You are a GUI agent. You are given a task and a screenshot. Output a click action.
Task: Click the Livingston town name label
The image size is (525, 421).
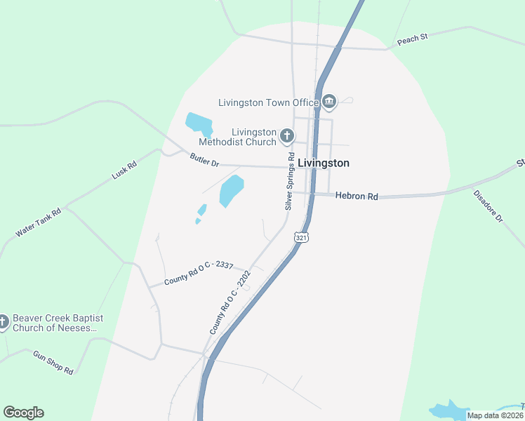pos(323,163)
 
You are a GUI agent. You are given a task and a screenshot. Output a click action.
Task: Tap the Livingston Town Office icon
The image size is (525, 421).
pos(329,103)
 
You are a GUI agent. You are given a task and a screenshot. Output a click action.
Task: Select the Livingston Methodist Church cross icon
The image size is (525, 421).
pos(286,135)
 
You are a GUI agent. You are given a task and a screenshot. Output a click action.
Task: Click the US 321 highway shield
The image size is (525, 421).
pos(301,238)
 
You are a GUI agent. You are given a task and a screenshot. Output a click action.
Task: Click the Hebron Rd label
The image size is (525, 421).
pos(357,196)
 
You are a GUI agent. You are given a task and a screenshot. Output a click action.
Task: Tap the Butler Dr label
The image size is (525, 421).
pos(205,160)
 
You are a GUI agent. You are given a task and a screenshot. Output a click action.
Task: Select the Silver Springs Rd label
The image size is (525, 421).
pos(289,183)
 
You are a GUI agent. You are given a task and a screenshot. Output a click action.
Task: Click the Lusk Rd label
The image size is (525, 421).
pos(124,169)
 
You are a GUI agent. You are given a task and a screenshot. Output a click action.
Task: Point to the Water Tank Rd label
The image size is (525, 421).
pos(39,222)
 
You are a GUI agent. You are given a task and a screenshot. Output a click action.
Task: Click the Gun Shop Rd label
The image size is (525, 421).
pos(53,362)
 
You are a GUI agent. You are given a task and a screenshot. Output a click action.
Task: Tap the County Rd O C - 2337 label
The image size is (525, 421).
pos(199,272)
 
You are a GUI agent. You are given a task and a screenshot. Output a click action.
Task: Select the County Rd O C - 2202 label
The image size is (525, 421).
pos(230,303)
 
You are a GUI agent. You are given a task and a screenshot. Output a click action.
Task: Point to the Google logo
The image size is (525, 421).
pos(23,413)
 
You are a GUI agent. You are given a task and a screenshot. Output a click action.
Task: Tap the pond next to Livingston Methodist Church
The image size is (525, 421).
pos(199,124)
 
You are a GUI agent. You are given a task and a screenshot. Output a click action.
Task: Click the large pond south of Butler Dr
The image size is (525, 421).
pos(231,191)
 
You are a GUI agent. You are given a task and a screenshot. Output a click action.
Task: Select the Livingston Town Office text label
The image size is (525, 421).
pos(269,102)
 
